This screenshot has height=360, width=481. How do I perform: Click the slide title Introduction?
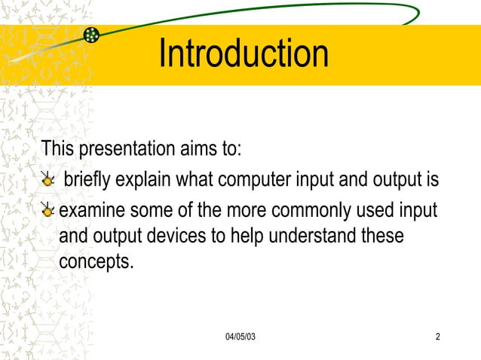244,53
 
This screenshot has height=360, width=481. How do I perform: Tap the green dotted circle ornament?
92,35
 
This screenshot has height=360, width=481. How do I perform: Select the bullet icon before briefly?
48,181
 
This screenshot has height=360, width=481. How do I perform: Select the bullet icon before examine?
48,209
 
